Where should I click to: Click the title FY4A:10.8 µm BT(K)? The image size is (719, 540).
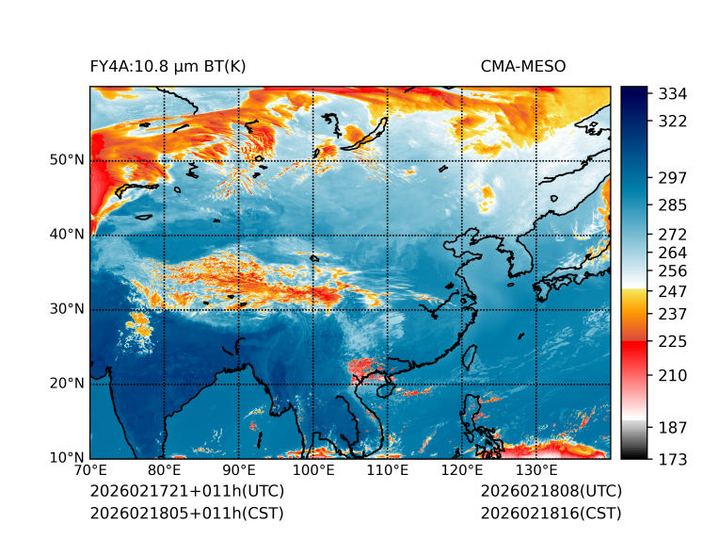coord(168,66)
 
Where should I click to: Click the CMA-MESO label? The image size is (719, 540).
coord(522,66)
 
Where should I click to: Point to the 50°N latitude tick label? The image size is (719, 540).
coord(66,160)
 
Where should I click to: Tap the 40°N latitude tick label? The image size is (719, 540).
coord(66,235)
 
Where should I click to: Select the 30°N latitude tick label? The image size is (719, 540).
coord(66,309)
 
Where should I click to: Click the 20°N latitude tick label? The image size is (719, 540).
coord(66,384)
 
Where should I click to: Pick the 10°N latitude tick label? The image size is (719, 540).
coord(66,459)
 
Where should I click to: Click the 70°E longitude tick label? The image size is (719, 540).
coord(89,470)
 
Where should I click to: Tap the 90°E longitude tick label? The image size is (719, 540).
coord(238,470)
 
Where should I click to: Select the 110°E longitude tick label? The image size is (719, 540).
coord(387,470)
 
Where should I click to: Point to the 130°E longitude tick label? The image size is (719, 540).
coord(535,470)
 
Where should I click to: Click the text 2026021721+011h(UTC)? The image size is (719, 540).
coord(186,492)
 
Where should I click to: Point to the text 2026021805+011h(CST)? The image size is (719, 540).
coord(186,514)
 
